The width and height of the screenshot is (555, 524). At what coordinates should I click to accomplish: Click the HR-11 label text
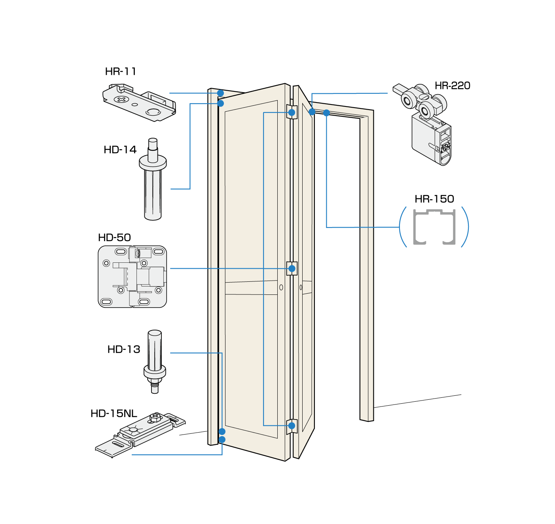(121, 71)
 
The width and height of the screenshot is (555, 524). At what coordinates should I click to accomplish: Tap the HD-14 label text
(120, 150)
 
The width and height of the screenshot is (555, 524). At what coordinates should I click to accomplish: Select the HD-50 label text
(114, 237)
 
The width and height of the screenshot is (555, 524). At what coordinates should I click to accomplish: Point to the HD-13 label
(123, 349)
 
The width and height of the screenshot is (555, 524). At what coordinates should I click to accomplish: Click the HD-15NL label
(114, 414)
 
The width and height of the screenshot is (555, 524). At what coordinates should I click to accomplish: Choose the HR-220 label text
(452, 85)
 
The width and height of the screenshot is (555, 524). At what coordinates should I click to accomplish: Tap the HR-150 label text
(434, 199)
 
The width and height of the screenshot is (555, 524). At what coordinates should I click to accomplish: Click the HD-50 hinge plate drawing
(132, 276)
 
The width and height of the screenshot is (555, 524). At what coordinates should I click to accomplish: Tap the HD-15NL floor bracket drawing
(140, 434)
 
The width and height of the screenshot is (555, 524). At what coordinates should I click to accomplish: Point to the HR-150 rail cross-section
(434, 227)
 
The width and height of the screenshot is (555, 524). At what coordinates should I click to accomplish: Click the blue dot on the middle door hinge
(292, 268)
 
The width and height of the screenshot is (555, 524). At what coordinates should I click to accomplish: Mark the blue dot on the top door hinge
(292, 112)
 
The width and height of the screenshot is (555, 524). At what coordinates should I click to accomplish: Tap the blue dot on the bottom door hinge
(292, 426)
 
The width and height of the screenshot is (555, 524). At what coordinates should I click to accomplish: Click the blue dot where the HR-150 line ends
(326, 113)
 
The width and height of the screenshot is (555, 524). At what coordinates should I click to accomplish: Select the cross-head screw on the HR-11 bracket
(121, 99)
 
